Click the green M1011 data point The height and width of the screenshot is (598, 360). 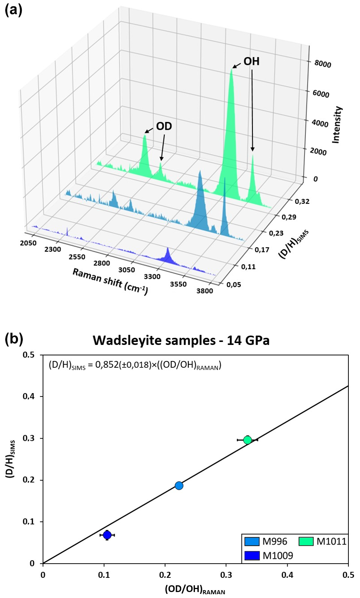(247, 440)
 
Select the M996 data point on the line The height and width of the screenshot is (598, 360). (179, 485)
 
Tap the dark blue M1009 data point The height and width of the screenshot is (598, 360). (107, 535)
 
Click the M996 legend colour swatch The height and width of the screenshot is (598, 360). (252, 541)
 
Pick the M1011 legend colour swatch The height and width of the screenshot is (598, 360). (306, 541)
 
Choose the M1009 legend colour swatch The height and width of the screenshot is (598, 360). (252, 555)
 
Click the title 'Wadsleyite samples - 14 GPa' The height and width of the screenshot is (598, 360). (181, 340)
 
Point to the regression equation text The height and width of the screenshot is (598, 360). (135, 365)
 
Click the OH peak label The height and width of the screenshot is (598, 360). (251, 61)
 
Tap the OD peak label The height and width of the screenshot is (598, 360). (164, 126)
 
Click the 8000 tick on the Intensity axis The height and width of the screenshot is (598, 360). (322, 64)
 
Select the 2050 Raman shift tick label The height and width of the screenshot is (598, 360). (28, 243)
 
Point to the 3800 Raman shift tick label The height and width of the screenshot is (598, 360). (205, 291)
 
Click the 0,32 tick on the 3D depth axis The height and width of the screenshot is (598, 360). (302, 202)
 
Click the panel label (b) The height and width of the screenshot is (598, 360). (13, 339)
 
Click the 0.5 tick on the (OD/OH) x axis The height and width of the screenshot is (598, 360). (348, 575)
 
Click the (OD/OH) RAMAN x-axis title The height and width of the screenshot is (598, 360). (195, 590)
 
